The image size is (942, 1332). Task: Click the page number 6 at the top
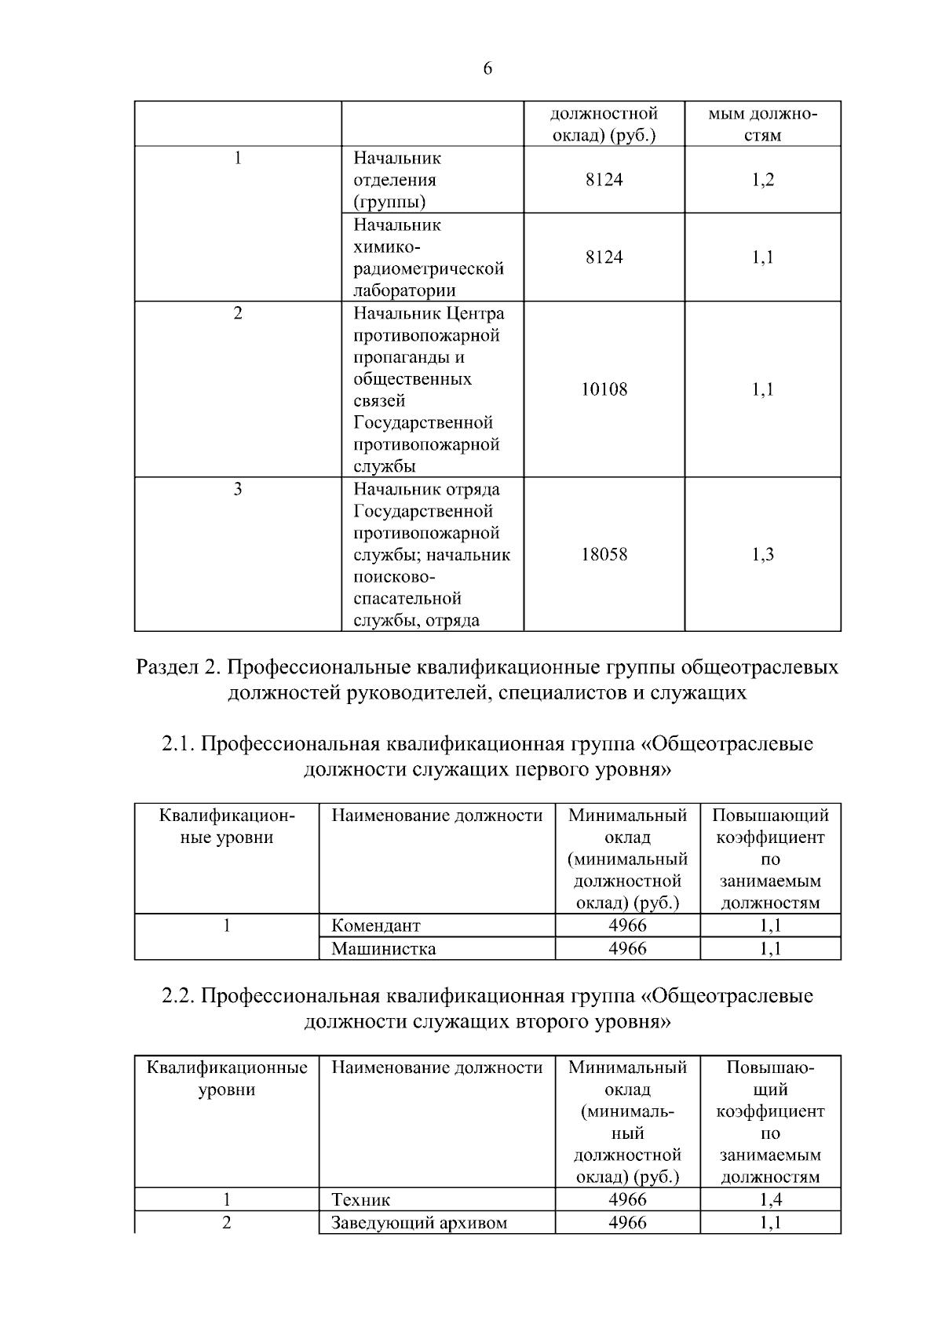(x=487, y=69)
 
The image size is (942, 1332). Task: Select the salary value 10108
(x=604, y=389)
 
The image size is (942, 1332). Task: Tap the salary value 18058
(x=604, y=555)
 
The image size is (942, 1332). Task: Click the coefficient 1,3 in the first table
(x=762, y=555)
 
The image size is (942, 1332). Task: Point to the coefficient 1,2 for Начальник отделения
(x=762, y=180)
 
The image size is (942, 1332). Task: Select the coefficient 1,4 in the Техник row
(x=770, y=1199)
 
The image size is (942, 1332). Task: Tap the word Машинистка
(x=383, y=948)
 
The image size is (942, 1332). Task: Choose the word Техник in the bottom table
(x=360, y=1199)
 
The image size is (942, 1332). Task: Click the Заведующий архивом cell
(x=418, y=1222)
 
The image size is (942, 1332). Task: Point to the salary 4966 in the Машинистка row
(x=627, y=948)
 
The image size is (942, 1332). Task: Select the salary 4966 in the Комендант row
(x=627, y=925)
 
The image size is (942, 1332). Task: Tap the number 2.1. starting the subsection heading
(x=178, y=743)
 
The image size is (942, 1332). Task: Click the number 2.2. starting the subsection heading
(x=178, y=996)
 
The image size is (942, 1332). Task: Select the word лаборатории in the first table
(x=404, y=291)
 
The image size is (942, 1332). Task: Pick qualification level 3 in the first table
(x=238, y=490)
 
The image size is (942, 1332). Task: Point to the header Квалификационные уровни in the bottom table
(x=227, y=1078)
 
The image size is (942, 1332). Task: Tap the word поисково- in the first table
(x=392, y=577)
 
